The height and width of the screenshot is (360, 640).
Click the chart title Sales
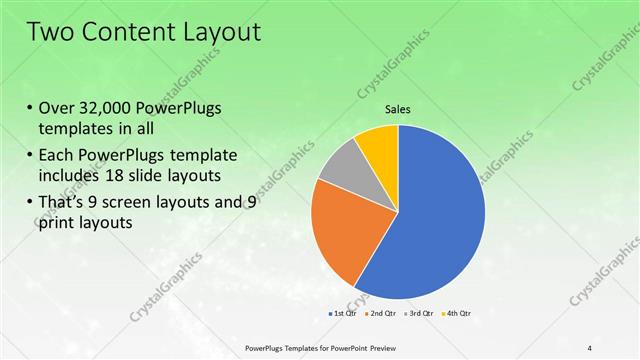point(398,110)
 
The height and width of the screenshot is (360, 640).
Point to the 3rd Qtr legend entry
point(418,313)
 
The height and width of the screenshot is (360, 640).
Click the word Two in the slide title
point(49,31)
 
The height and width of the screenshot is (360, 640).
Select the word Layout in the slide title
point(220,31)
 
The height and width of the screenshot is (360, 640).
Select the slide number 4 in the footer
point(590,347)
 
